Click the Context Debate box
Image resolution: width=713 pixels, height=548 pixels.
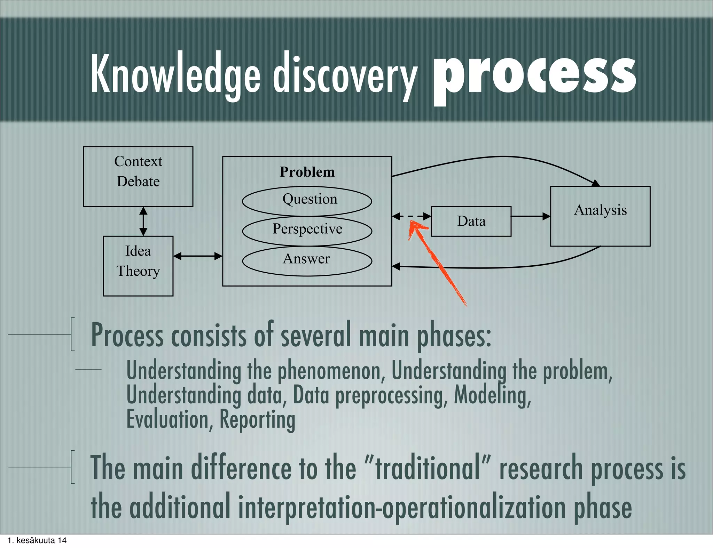point(138,176)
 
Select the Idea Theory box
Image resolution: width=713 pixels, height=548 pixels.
point(138,266)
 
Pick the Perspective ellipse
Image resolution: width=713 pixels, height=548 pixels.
point(307,231)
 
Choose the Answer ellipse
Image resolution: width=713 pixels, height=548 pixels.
point(307,261)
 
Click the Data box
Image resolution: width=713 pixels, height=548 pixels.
point(471,221)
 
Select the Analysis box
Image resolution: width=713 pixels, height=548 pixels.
point(600,216)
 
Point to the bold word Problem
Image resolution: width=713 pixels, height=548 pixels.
point(307,172)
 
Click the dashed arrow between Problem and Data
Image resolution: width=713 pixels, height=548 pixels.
point(412,216)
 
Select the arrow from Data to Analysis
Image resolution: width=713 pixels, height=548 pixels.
point(530,216)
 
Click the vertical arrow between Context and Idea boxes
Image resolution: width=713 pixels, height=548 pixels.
point(143,221)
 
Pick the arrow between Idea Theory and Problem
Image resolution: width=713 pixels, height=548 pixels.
point(197,256)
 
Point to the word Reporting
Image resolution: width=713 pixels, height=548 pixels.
point(257,420)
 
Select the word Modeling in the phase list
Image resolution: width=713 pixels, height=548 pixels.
point(492,395)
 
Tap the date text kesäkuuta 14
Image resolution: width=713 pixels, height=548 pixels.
point(41,540)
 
